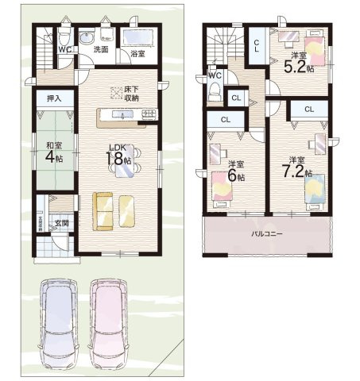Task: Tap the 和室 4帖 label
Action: point(54,152)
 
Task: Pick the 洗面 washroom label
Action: point(101,49)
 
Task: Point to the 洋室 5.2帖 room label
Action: point(300,61)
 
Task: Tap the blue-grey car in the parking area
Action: point(57,321)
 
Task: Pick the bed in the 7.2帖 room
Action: point(315,189)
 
